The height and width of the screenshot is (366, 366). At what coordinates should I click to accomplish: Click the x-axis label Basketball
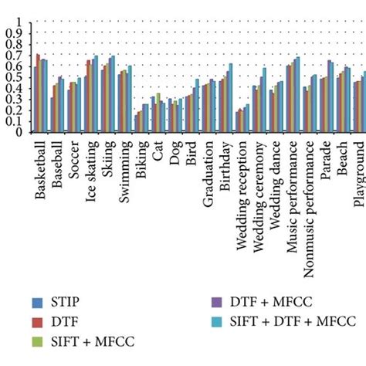coord(39,168)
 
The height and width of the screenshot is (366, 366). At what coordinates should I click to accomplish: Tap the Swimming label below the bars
coord(123,166)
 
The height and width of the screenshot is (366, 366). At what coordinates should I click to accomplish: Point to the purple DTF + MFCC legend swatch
coord(219,301)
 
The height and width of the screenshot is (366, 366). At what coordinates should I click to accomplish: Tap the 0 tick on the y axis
coord(19,132)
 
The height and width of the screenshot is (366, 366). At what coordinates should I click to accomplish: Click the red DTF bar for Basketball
coord(38,93)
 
